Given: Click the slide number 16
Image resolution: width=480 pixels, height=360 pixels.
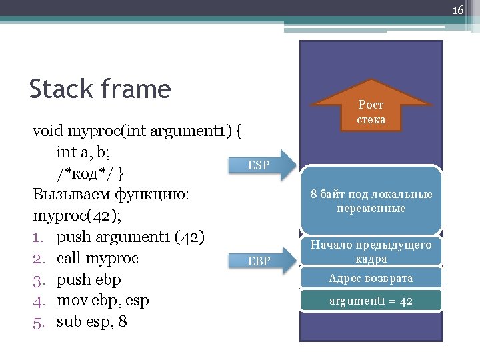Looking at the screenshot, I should (457, 10).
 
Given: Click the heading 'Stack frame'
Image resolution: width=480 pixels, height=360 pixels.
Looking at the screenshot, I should (100, 89).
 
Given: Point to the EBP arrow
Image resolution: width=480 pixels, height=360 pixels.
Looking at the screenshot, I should (262, 261).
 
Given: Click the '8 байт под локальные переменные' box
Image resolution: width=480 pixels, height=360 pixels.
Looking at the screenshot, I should (371, 201).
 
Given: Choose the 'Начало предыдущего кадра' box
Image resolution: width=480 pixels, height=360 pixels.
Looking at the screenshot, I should (371, 251).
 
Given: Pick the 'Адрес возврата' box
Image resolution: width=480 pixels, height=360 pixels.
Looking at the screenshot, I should (371, 278).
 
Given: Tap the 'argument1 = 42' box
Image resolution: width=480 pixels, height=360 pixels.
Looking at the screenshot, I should (371, 301).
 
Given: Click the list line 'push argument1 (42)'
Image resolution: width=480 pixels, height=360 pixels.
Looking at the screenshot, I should (131, 237).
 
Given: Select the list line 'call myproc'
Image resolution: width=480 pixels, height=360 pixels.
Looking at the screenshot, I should (97, 258).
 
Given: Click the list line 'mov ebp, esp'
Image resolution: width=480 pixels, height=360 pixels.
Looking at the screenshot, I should (103, 301).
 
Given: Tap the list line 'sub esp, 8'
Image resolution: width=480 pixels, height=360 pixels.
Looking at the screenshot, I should (92, 322).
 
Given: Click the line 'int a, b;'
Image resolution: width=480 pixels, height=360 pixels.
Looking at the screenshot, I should (84, 152).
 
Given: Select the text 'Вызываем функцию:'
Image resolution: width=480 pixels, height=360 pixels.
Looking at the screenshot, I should (111, 195).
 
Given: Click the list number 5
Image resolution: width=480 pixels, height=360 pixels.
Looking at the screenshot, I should (38, 322).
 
